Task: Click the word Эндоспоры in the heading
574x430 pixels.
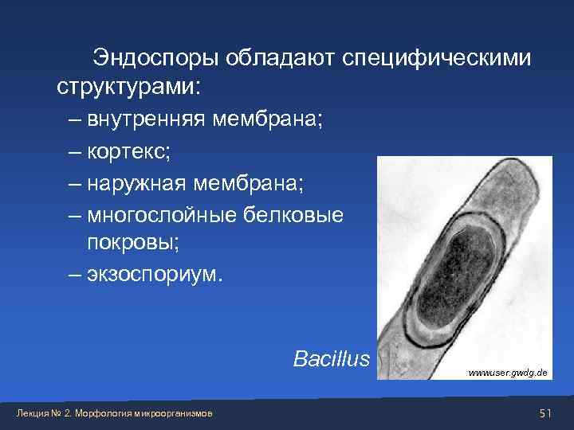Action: (x=156, y=58)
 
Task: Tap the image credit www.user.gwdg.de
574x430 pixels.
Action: (x=507, y=373)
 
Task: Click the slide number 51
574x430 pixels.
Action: (x=545, y=412)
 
